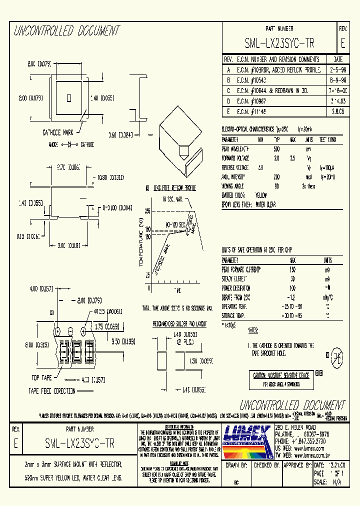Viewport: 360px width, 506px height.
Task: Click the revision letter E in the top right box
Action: click(342, 43)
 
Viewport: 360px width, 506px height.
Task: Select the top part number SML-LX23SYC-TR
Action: click(279, 43)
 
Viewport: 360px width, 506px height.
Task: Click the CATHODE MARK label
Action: click(57, 132)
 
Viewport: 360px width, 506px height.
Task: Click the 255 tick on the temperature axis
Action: click(147, 211)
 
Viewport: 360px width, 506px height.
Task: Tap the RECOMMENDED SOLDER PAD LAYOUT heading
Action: click(180, 324)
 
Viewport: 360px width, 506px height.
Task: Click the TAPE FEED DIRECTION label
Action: click(52, 391)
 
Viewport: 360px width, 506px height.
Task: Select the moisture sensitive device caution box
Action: click(280, 379)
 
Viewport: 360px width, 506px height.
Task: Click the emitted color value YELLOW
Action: click(261, 195)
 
